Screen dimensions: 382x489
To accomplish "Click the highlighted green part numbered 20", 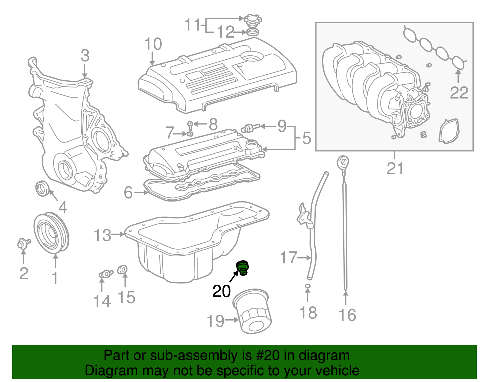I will [x=243, y=267].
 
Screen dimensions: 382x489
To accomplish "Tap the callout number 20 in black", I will [x=221, y=291].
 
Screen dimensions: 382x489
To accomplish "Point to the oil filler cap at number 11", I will [x=251, y=20].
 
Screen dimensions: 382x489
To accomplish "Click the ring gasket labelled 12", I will [x=252, y=32].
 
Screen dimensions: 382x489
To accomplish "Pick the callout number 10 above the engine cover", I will [x=153, y=44].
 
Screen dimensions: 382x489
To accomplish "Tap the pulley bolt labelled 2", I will [x=23, y=244].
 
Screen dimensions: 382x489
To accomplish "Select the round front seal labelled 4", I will [x=42, y=188].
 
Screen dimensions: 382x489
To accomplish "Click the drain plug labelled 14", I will [x=105, y=273].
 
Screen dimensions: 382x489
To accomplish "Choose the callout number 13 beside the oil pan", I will [x=102, y=235].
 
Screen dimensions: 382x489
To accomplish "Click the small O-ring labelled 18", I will [x=308, y=286].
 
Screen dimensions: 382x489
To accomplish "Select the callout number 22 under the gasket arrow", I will [x=459, y=93].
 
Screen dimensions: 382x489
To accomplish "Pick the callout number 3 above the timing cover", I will [x=85, y=56].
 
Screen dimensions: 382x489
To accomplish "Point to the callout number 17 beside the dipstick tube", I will [x=289, y=258].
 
